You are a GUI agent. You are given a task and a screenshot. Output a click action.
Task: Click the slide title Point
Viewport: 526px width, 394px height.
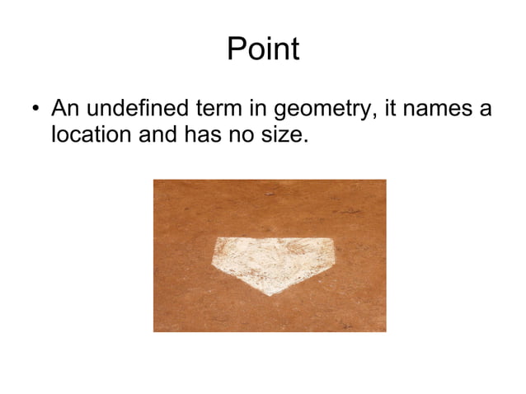click(x=262, y=50)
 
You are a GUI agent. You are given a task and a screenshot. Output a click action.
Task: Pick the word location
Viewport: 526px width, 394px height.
click(x=91, y=134)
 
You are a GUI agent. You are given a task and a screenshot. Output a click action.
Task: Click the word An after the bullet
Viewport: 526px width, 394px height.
click(x=64, y=108)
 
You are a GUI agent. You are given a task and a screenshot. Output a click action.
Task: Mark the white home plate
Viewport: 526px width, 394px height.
click(x=273, y=262)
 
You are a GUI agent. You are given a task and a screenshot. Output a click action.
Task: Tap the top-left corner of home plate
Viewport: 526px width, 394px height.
click(x=218, y=240)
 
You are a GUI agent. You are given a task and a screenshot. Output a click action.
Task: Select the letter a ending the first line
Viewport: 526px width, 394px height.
click(x=485, y=110)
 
